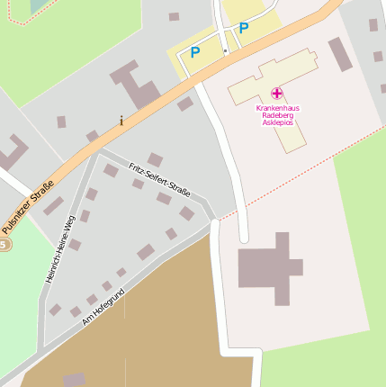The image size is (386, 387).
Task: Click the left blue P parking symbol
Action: (x=195, y=52)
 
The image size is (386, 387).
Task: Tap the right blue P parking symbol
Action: (x=243, y=29)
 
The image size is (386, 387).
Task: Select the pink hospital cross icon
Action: (x=277, y=94)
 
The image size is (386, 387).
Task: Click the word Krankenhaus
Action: (x=277, y=108)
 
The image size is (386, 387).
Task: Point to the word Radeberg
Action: (x=277, y=115)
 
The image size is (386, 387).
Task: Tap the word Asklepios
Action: (x=277, y=122)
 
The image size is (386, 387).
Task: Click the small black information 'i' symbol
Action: (x=121, y=121)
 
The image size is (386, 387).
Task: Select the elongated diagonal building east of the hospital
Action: (x=340, y=54)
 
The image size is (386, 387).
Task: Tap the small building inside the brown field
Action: (x=75, y=380)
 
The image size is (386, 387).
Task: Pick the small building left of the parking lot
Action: (x=174, y=16)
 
